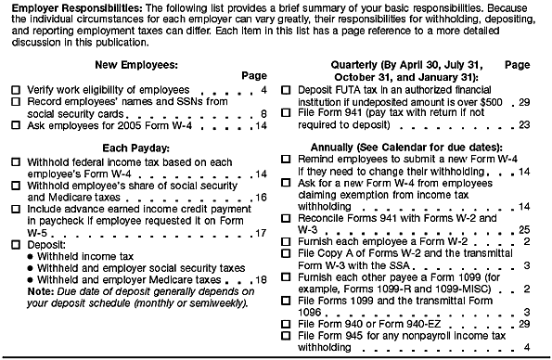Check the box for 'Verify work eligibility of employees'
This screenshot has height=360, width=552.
pos(15,90)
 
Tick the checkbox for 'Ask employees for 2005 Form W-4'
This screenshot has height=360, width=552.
pos(15,124)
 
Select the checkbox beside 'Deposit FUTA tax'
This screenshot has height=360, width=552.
pos(288,90)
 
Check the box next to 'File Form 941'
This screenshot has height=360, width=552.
pos(288,112)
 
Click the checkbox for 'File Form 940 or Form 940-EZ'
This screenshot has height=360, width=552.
pos(288,324)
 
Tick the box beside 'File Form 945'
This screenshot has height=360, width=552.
pos(288,335)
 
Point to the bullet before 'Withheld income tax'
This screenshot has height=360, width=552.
pos(31,255)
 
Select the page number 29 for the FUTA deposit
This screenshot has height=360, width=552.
pos(524,101)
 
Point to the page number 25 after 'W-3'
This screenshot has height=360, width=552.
pos(524,227)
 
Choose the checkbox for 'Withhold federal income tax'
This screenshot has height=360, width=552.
pos(15,162)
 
